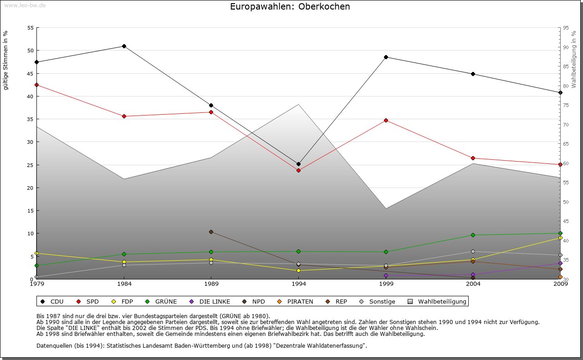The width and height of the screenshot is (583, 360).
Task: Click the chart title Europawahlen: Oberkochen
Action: coord(290,7)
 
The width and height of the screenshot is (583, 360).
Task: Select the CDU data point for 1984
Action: coord(124,46)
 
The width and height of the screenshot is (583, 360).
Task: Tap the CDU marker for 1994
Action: coord(298,164)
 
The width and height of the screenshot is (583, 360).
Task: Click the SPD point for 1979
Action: coord(36,85)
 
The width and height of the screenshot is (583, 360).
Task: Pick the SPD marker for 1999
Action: coord(386,120)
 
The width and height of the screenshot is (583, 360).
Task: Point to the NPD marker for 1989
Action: coord(211,232)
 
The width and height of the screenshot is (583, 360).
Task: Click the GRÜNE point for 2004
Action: coord(473,235)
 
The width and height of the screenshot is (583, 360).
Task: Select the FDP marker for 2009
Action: coord(560,238)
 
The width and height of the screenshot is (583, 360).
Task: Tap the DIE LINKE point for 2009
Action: coord(560,263)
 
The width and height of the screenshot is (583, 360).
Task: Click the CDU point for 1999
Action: coord(386,57)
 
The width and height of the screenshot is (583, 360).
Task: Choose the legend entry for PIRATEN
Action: coord(296,301)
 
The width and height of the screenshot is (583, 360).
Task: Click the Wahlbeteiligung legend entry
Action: coord(438,301)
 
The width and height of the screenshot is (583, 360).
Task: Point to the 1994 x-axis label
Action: coord(298,284)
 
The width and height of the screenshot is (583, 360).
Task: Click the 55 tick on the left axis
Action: coord(31,28)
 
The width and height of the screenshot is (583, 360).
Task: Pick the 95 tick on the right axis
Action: coord(566,28)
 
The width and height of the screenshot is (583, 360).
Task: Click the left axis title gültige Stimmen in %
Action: coord(6,61)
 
